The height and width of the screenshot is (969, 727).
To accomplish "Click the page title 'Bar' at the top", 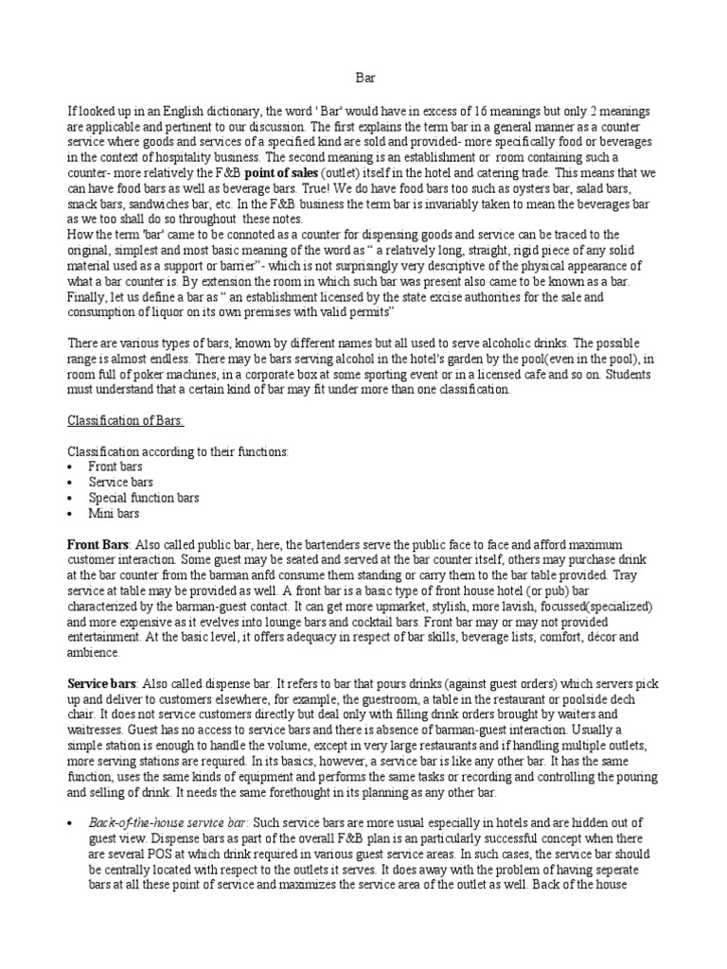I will click(x=363, y=81).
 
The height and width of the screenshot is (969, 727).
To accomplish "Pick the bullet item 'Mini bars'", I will click(x=114, y=513).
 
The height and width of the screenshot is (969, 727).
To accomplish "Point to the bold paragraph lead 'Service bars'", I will click(x=102, y=683).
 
